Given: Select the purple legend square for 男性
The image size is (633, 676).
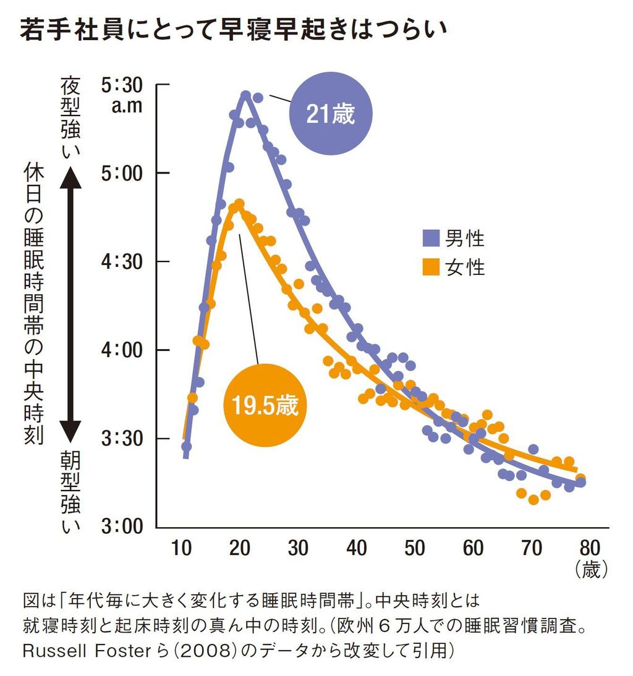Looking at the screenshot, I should tap(431, 238).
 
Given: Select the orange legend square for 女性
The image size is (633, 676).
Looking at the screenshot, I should tap(431, 268).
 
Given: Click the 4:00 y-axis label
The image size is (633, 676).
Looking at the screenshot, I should tap(122, 350).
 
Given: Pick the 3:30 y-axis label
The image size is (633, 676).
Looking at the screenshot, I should tap(122, 439).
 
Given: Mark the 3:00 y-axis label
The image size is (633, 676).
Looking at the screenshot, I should tap(122, 528).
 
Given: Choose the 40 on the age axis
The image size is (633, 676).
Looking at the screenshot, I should tap(357, 548).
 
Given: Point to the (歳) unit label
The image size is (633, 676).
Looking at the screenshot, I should tap(591, 569).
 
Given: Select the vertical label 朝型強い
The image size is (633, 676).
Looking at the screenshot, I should tap(69, 491).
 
